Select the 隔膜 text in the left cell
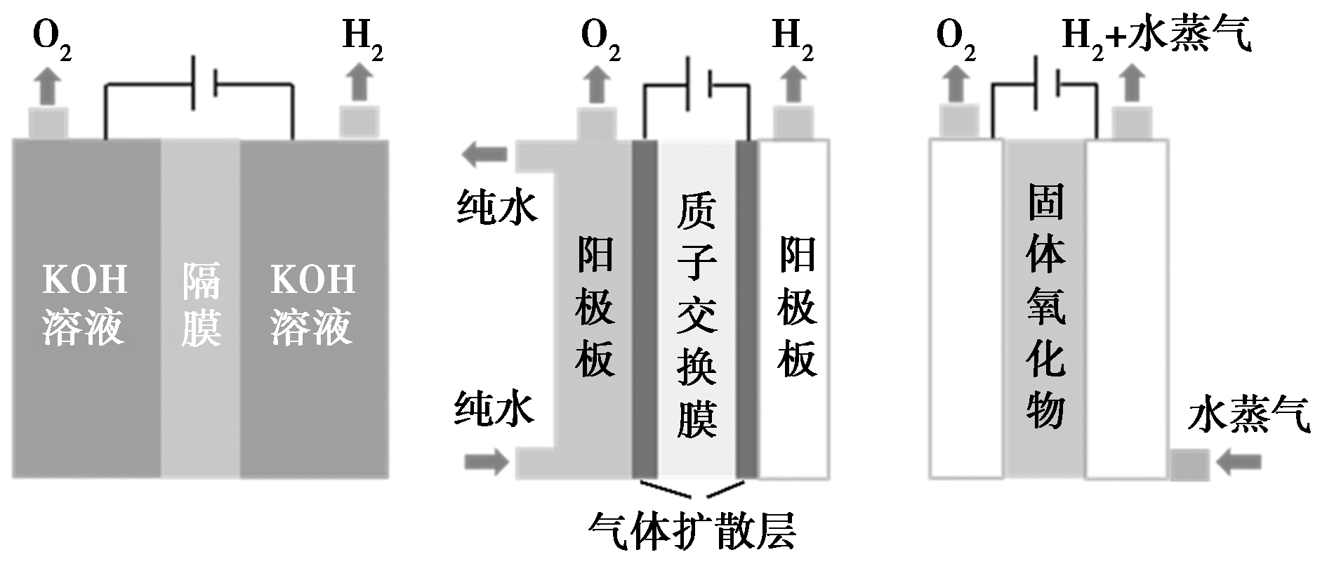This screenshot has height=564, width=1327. click(201, 305)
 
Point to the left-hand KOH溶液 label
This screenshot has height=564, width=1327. click(85, 305)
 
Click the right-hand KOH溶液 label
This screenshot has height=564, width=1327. click(312, 305)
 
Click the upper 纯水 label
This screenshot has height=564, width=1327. click(497, 207)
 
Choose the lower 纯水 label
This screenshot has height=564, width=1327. click(495, 409)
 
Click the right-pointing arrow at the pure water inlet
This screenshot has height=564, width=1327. click(487, 462)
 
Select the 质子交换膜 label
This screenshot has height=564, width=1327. click(696, 316)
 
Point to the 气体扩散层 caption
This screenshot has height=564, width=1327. click(693, 532)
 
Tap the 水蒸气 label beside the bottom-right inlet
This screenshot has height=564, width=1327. click(1248, 416)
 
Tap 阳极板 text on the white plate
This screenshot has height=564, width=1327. click(797, 307)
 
